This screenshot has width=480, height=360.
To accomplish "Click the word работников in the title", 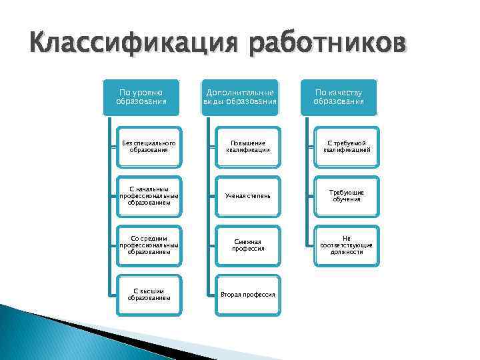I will click(327, 45).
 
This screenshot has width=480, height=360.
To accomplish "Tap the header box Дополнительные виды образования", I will click(240, 96).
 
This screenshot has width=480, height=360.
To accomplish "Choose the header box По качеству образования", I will click(339, 96).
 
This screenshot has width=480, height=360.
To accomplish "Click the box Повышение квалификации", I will click(248, 146).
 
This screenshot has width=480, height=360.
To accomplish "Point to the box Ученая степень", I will click(248, 195).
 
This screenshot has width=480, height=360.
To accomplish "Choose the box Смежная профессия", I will click(248, 245).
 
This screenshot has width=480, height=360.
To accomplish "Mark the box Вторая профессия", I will click(248, 294).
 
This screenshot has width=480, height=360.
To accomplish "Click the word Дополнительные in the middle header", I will click(240, 92).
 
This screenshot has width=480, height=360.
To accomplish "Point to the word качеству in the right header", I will click(347, 92).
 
